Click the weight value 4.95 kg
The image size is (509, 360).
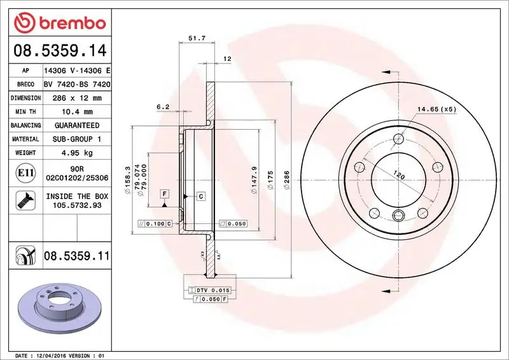coord(77,153)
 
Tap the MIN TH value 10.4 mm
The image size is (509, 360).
coord(77,112)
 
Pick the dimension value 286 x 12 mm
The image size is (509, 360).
coord(77,99)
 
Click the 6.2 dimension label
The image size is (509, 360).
coord(162,107)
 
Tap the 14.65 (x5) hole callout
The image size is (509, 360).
coord(437,109)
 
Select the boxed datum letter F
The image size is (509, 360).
coord(164,193)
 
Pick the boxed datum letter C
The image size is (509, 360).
coord(200,197)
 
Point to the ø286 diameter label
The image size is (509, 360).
coord(286,176)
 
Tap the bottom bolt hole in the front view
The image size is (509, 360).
coord(398,214)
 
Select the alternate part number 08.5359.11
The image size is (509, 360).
coord(77,256)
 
